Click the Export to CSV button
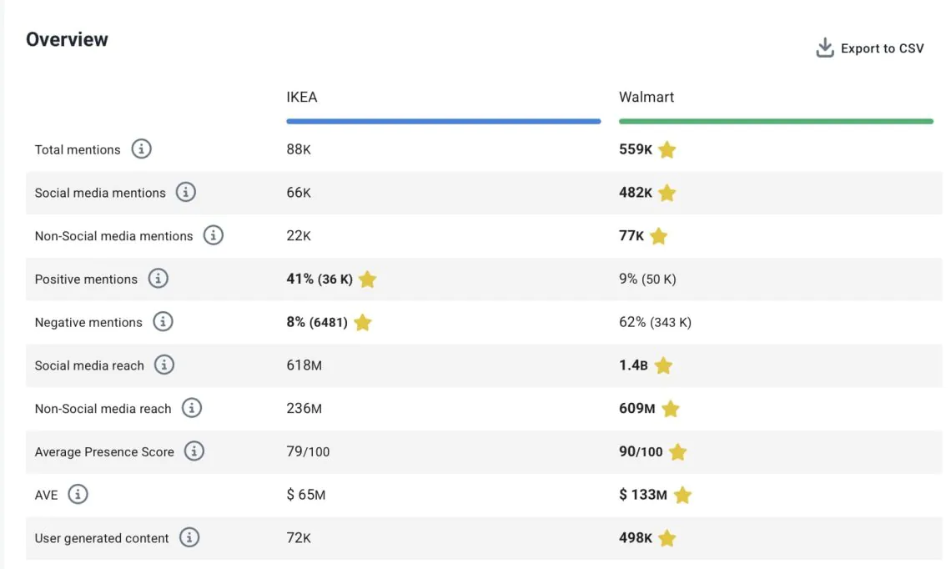pos(870,48)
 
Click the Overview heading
pos(67,39)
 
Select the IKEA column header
pos(302,97)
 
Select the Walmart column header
pos(647,97)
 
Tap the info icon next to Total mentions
pos(142,149)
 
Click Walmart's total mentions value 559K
pos(636,149)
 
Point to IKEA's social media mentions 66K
pos(299,193)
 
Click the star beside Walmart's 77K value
pos(658,236)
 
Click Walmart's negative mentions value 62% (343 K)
pos(655,322)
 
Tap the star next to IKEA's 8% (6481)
pos(362,322)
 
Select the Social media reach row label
pos(89,365)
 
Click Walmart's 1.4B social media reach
pos(633,365)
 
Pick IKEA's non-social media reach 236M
pos(304,409)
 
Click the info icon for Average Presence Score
pos(194,451)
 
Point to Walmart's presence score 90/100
pos(641,452)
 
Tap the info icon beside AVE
pos(78,495)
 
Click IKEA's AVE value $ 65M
pos(306,495)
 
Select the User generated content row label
pos(102,538)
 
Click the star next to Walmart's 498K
pos(667,538)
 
